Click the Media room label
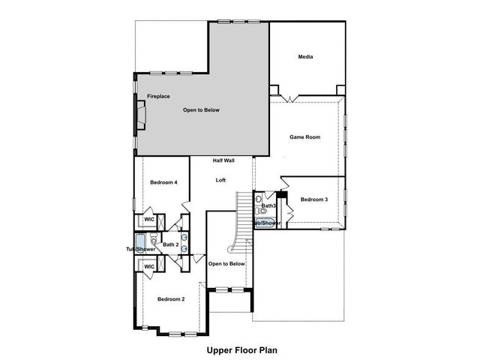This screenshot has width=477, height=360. tap(305, 57)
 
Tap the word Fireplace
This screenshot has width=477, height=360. tap(158, 97)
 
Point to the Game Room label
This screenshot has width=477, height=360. tap(305, 137)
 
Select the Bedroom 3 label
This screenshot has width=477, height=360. tap(314, 199)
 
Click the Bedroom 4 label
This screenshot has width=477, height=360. tap(163, 182)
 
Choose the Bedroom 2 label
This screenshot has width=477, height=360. tap(170, 299)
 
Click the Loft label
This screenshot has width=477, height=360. tap(220, 180)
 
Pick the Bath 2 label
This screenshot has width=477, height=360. tap(171, 244)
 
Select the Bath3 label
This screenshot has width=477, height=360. tap(268, 205)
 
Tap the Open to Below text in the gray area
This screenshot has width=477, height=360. tap(201, 110)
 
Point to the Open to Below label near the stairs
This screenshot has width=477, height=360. tap(226, 264)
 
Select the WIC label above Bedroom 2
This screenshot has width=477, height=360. tap(148, 266)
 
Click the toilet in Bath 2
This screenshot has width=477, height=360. tap(154, 239)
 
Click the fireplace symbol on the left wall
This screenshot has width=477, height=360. tap(139, 115)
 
